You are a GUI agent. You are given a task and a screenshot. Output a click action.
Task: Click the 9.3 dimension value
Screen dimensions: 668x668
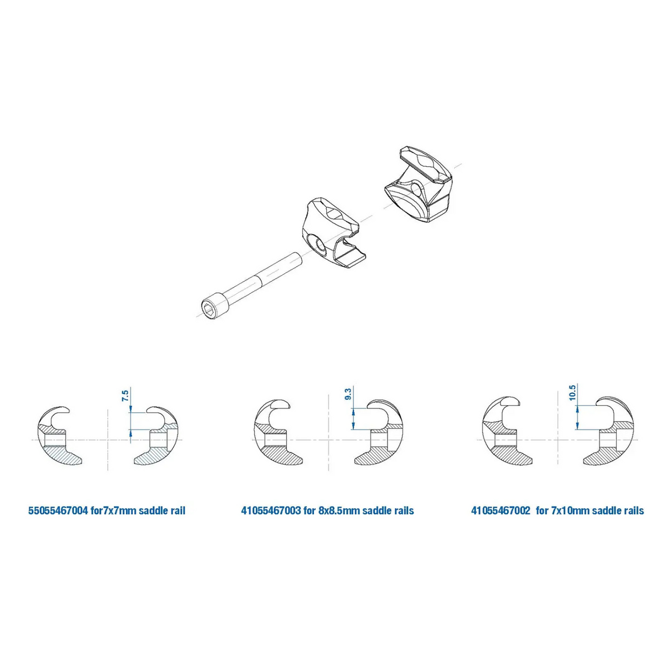click(x=348, y=394)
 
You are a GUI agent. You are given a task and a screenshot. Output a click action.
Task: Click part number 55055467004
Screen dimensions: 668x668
click(x=57, y=510)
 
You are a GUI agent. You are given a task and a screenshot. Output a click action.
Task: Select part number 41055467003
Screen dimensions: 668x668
click(x=271, y=510)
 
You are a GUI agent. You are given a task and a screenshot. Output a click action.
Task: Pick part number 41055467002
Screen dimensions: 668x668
click(x=500, y=510)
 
